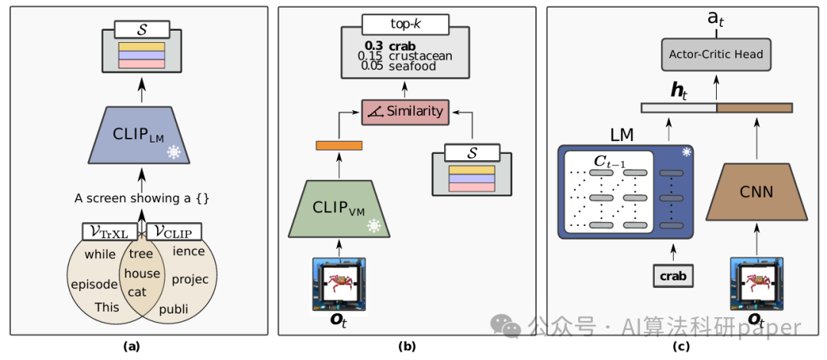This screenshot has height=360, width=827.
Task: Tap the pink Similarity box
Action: pos(406,111)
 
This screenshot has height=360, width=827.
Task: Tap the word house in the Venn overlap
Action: pos(142,273)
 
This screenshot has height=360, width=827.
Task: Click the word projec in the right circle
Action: pos(190,279)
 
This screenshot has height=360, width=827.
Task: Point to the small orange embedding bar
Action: pos(338,145)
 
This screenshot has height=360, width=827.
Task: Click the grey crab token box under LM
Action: pos(672,274)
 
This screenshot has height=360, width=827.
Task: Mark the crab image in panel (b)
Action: pos(338,283)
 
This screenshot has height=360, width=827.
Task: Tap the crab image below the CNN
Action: pos(755,283)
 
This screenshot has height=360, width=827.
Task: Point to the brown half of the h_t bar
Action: pos(753,108)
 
